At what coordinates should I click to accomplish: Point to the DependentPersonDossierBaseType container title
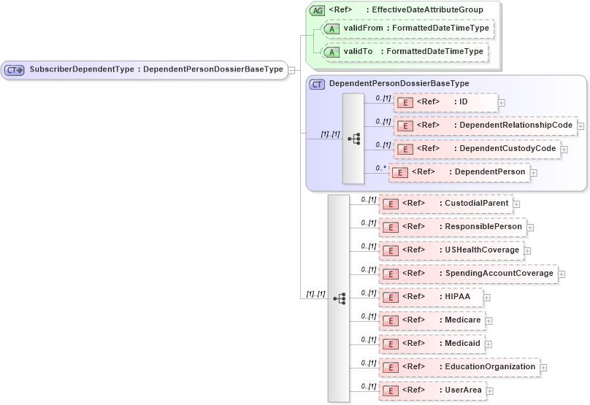pos(399,84)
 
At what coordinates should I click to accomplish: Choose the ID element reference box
pos(445,102)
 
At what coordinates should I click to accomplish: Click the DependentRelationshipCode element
pos(485,126)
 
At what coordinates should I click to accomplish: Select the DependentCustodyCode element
pos(477,149)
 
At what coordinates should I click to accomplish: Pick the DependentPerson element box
pos(459,172)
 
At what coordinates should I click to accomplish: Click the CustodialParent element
pos(445,203)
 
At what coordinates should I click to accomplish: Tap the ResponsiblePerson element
pos(452,227)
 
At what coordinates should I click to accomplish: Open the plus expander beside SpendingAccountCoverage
pos(562,274)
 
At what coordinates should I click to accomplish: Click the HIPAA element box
pos(430,297)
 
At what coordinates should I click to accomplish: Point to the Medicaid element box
pos(432,344)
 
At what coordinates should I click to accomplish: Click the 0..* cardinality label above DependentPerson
pos(380,167)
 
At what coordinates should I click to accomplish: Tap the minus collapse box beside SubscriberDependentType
pos(291,70)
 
